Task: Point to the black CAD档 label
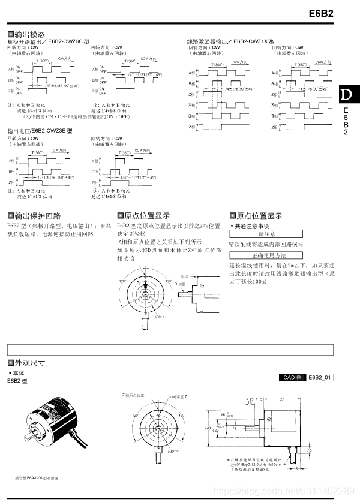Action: pos(293,377)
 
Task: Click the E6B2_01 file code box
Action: pos(320,377)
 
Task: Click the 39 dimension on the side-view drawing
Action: pos(281,399)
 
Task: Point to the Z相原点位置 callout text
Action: pos(133,396)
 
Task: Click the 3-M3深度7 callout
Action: pos(178,396)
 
